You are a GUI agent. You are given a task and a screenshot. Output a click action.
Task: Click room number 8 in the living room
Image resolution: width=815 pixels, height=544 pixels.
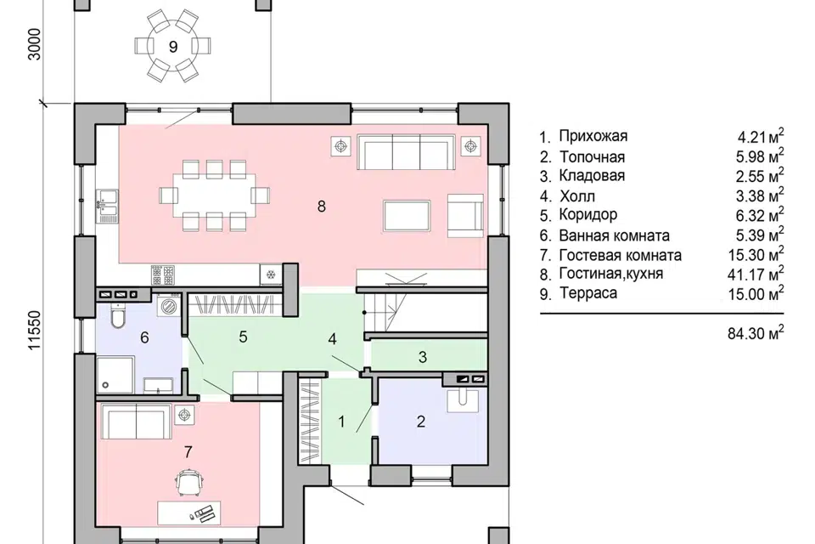click(x=321, y=207)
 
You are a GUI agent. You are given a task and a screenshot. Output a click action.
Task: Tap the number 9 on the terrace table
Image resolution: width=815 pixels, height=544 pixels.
click(x=173, y=47)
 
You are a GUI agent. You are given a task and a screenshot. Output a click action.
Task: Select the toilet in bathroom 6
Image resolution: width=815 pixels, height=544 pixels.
click(x=119, y=316)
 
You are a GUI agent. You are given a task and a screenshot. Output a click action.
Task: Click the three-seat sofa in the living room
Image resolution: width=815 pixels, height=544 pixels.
click(x=406, y=152)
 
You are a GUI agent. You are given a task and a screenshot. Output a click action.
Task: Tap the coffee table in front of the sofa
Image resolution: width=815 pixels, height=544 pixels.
click(x=407, y=216)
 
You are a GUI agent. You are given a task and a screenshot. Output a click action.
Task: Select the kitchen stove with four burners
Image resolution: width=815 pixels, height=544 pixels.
click(x=163, y=275)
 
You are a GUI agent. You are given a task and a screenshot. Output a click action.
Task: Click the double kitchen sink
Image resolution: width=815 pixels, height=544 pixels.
click(x=108, y=207)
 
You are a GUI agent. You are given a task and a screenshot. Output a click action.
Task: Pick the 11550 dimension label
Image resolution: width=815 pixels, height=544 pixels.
click(x=34, y=330)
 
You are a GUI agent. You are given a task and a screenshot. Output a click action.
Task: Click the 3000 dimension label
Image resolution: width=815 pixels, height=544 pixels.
click(x=34, y=44)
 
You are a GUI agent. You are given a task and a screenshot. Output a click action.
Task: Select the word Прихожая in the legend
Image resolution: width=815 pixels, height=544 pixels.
click(x=593, y=136)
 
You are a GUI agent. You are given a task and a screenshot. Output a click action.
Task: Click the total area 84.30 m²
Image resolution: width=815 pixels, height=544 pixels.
click(x=756, y=332)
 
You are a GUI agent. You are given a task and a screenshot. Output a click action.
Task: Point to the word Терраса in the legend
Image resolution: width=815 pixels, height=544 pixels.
click(x=587, y=293)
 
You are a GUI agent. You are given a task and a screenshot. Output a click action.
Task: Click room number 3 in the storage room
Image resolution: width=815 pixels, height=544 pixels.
click(x=423, y=357)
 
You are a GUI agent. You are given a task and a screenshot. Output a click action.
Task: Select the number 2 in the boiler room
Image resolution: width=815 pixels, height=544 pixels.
click(x=421, y=421)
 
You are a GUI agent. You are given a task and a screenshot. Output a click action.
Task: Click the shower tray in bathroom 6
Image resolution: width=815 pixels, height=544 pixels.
click(x=116, y=375)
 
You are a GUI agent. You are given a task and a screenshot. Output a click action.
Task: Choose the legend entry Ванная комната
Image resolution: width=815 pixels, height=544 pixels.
click(x=615, y=235)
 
